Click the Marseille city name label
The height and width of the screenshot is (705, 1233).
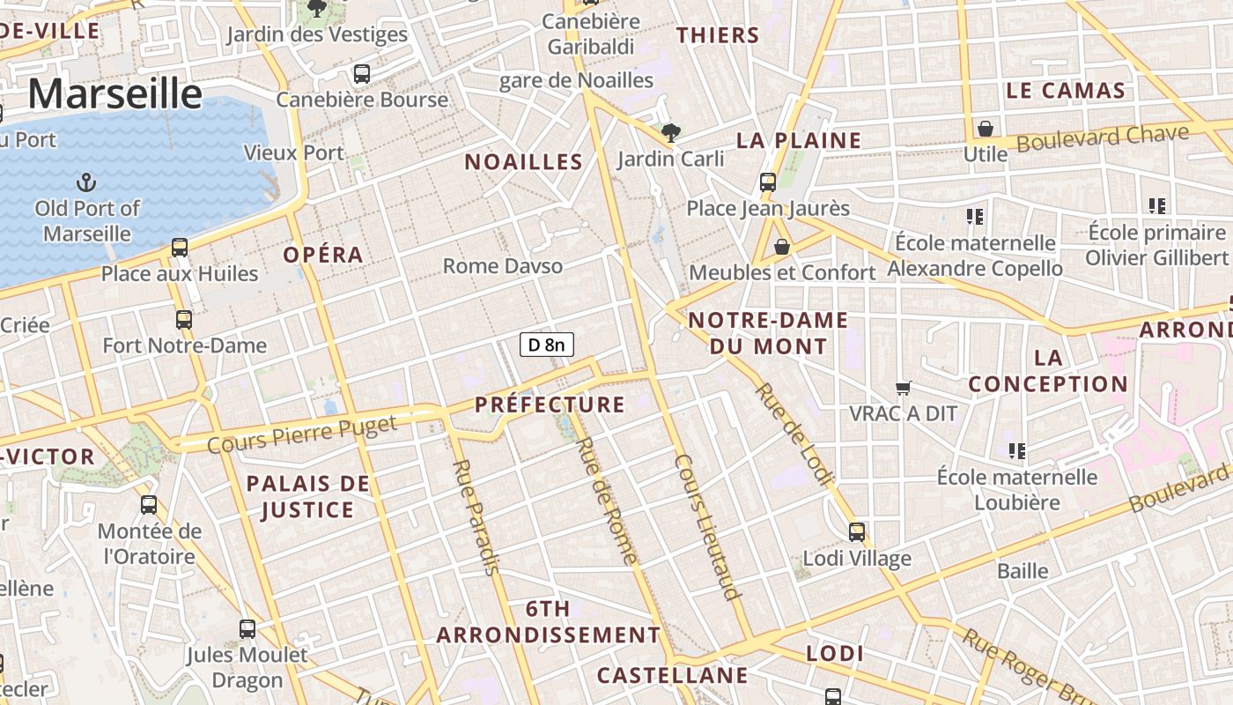click(115, 93)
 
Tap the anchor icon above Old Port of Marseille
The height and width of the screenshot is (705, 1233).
click(86, 182)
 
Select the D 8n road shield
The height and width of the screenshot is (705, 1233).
click(547, 345)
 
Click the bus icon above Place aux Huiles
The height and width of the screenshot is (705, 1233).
click(180, 248)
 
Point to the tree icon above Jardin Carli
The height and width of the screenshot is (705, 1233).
click(671, 133)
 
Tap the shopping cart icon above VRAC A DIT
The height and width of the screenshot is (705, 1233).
click(903, 388)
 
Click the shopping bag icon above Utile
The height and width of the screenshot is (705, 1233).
click(986, 129)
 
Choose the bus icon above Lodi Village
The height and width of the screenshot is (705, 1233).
click(857, 532)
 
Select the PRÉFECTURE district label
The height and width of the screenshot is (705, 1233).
click(550, 404)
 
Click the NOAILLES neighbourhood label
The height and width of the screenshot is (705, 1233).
click(523, 161)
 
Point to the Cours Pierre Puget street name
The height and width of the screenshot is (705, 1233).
click(302, 434)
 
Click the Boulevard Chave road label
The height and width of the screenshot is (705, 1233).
click(1103, 138)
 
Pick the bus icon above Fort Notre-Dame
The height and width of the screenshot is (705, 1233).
click(184, 319)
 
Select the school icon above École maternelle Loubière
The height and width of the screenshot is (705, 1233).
click(1017, 451)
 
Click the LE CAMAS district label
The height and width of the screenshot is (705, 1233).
click(1066, 90)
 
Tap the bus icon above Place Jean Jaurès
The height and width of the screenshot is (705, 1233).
click(768, 182)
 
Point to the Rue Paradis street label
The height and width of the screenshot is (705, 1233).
click(476, 516)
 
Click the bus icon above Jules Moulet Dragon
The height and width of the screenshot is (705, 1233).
click(247, 629)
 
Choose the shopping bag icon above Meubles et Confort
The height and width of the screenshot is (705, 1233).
click(781, 247)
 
